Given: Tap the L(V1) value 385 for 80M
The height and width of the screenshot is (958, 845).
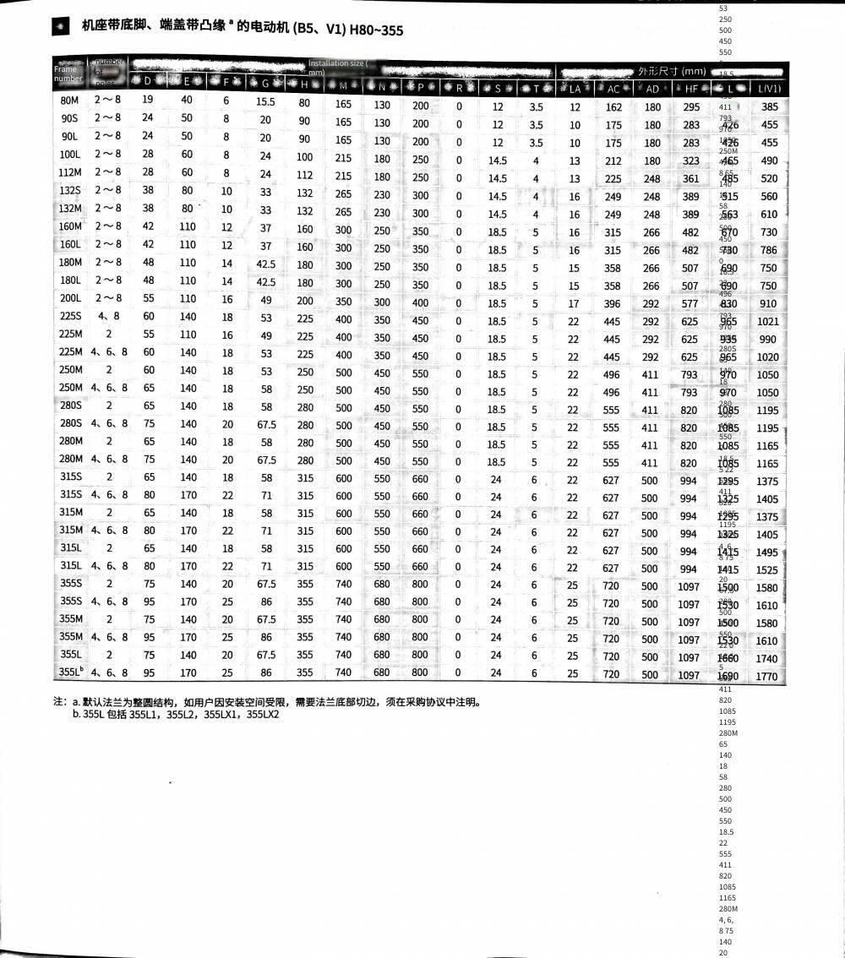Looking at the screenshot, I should [x=769, y=107].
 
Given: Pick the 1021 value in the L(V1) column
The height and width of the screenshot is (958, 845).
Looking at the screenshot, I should [x=768, y=321].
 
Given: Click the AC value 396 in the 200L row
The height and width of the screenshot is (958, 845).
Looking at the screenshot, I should [x=613, y=303].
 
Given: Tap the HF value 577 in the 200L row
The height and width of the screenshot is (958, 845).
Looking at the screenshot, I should [x=690, y=303].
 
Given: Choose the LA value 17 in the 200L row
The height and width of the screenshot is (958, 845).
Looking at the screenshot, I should [x=575, y=303].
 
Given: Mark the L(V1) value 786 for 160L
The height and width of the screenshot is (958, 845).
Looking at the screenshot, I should [x=768, y=250].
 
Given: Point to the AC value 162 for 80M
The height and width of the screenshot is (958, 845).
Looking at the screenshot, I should [x=613, y=107].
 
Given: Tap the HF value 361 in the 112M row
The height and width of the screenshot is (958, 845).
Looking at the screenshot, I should [x=690, y=178].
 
